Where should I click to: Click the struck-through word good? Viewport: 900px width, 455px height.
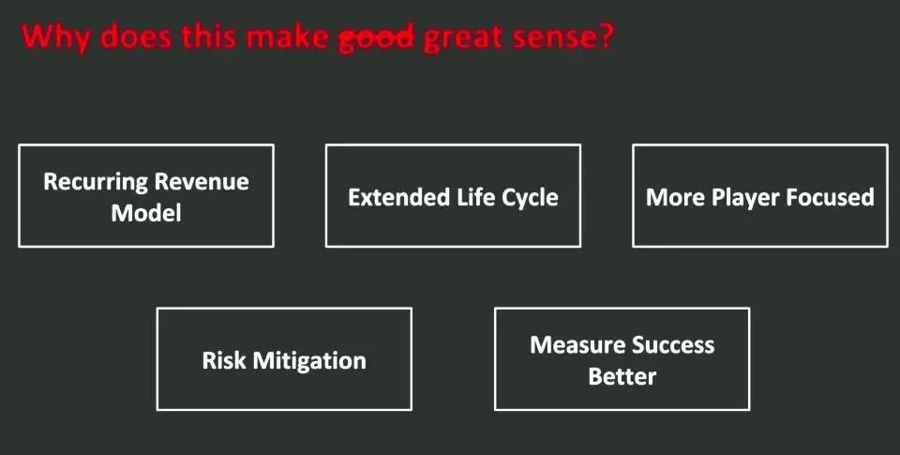(x=376, y=38)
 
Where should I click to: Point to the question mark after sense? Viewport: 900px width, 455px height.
(x=606, y=35)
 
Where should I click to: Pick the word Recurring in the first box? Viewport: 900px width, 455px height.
(x=96, y=183)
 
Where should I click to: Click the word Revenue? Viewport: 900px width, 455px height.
(x=202, y=182)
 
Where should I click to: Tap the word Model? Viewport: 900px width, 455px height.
(x=146, y=213)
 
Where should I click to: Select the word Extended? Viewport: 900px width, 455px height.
(x=399, y=197)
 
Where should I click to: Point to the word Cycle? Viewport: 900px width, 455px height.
(x=530, y=198)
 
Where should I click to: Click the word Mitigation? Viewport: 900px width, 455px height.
(x=309, y=362)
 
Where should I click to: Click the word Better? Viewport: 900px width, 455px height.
(x=622, y=377)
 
